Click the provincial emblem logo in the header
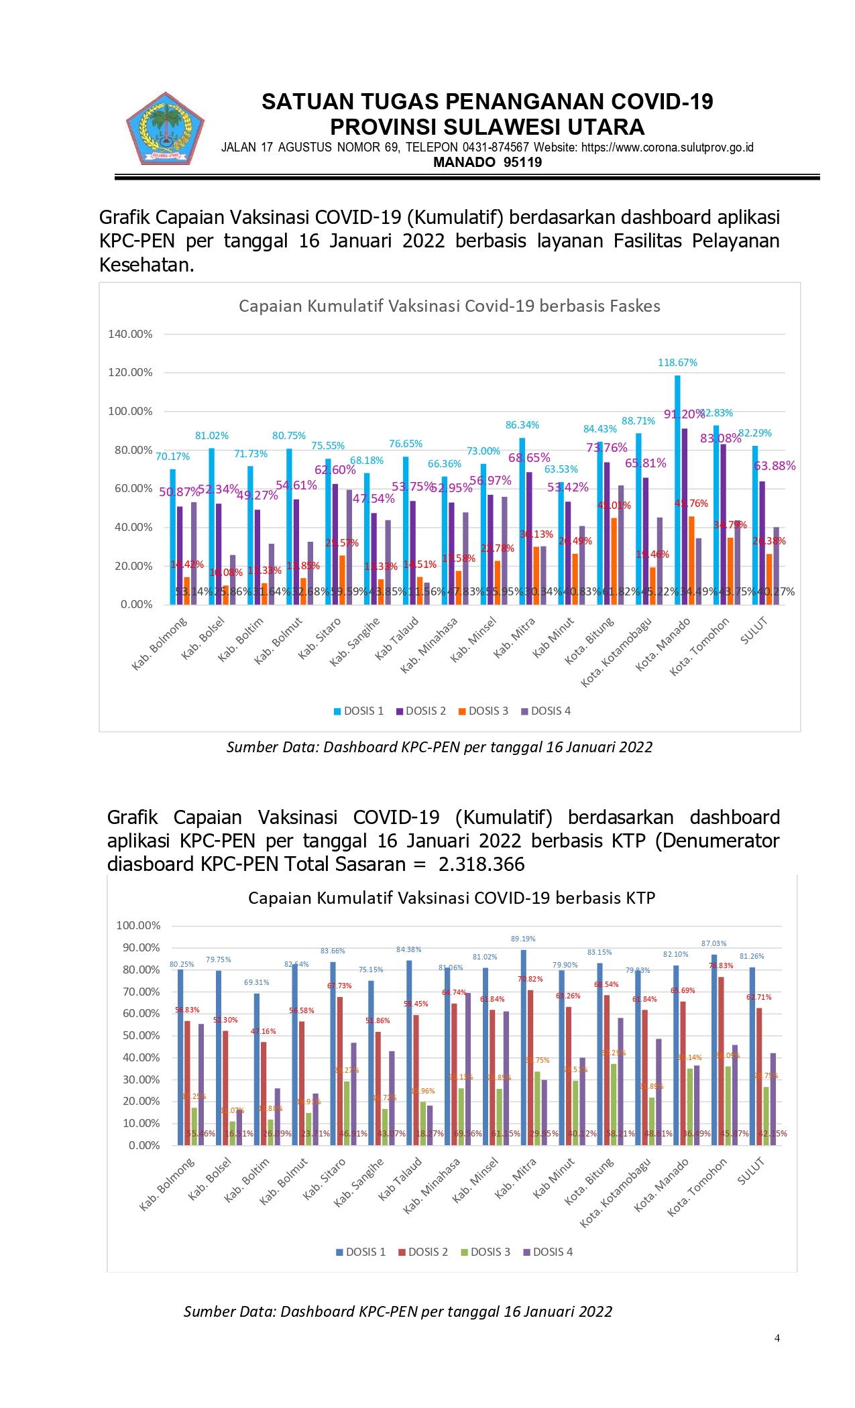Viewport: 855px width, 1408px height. (x=165, y=129)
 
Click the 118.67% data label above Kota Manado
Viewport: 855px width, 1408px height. (x=677, y=363)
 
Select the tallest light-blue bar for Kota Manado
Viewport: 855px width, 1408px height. (x=677, y=489)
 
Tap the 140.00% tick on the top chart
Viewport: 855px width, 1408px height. (x=130, y=334)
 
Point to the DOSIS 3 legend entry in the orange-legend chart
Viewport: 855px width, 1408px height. (x=483, y=711)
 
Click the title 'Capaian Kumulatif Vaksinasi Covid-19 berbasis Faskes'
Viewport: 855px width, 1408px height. (x=449, y=306)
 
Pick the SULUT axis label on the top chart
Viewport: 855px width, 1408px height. (x=754, y=630)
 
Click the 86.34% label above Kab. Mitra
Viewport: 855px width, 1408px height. (x=522, y=425)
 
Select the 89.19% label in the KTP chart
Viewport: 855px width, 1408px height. (x=523, y=939)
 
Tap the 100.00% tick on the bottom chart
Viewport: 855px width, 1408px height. (x=138, y=925)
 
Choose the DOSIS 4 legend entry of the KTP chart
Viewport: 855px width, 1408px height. (x=548, y=1252)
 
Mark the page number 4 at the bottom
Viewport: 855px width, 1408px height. (x=777, y=1338)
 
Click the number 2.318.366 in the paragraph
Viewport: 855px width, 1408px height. (x=481, y=864)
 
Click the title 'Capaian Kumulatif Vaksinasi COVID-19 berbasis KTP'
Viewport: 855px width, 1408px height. (x=451, y=898)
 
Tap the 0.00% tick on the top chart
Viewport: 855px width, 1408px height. (x=136, y=605)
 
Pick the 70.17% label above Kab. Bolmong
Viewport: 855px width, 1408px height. (x=173, y=457)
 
